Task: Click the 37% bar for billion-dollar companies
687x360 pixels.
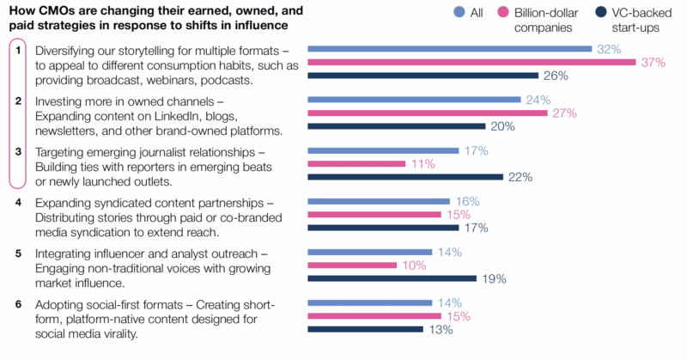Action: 471,63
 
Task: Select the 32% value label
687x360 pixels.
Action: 609,50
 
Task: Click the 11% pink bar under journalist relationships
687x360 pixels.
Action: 343,164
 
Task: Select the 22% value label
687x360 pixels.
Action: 520,177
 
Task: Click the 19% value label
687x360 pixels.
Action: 493,278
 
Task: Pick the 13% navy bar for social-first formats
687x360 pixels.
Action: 365,329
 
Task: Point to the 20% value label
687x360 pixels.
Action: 501,126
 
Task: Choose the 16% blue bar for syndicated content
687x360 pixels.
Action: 378,202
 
